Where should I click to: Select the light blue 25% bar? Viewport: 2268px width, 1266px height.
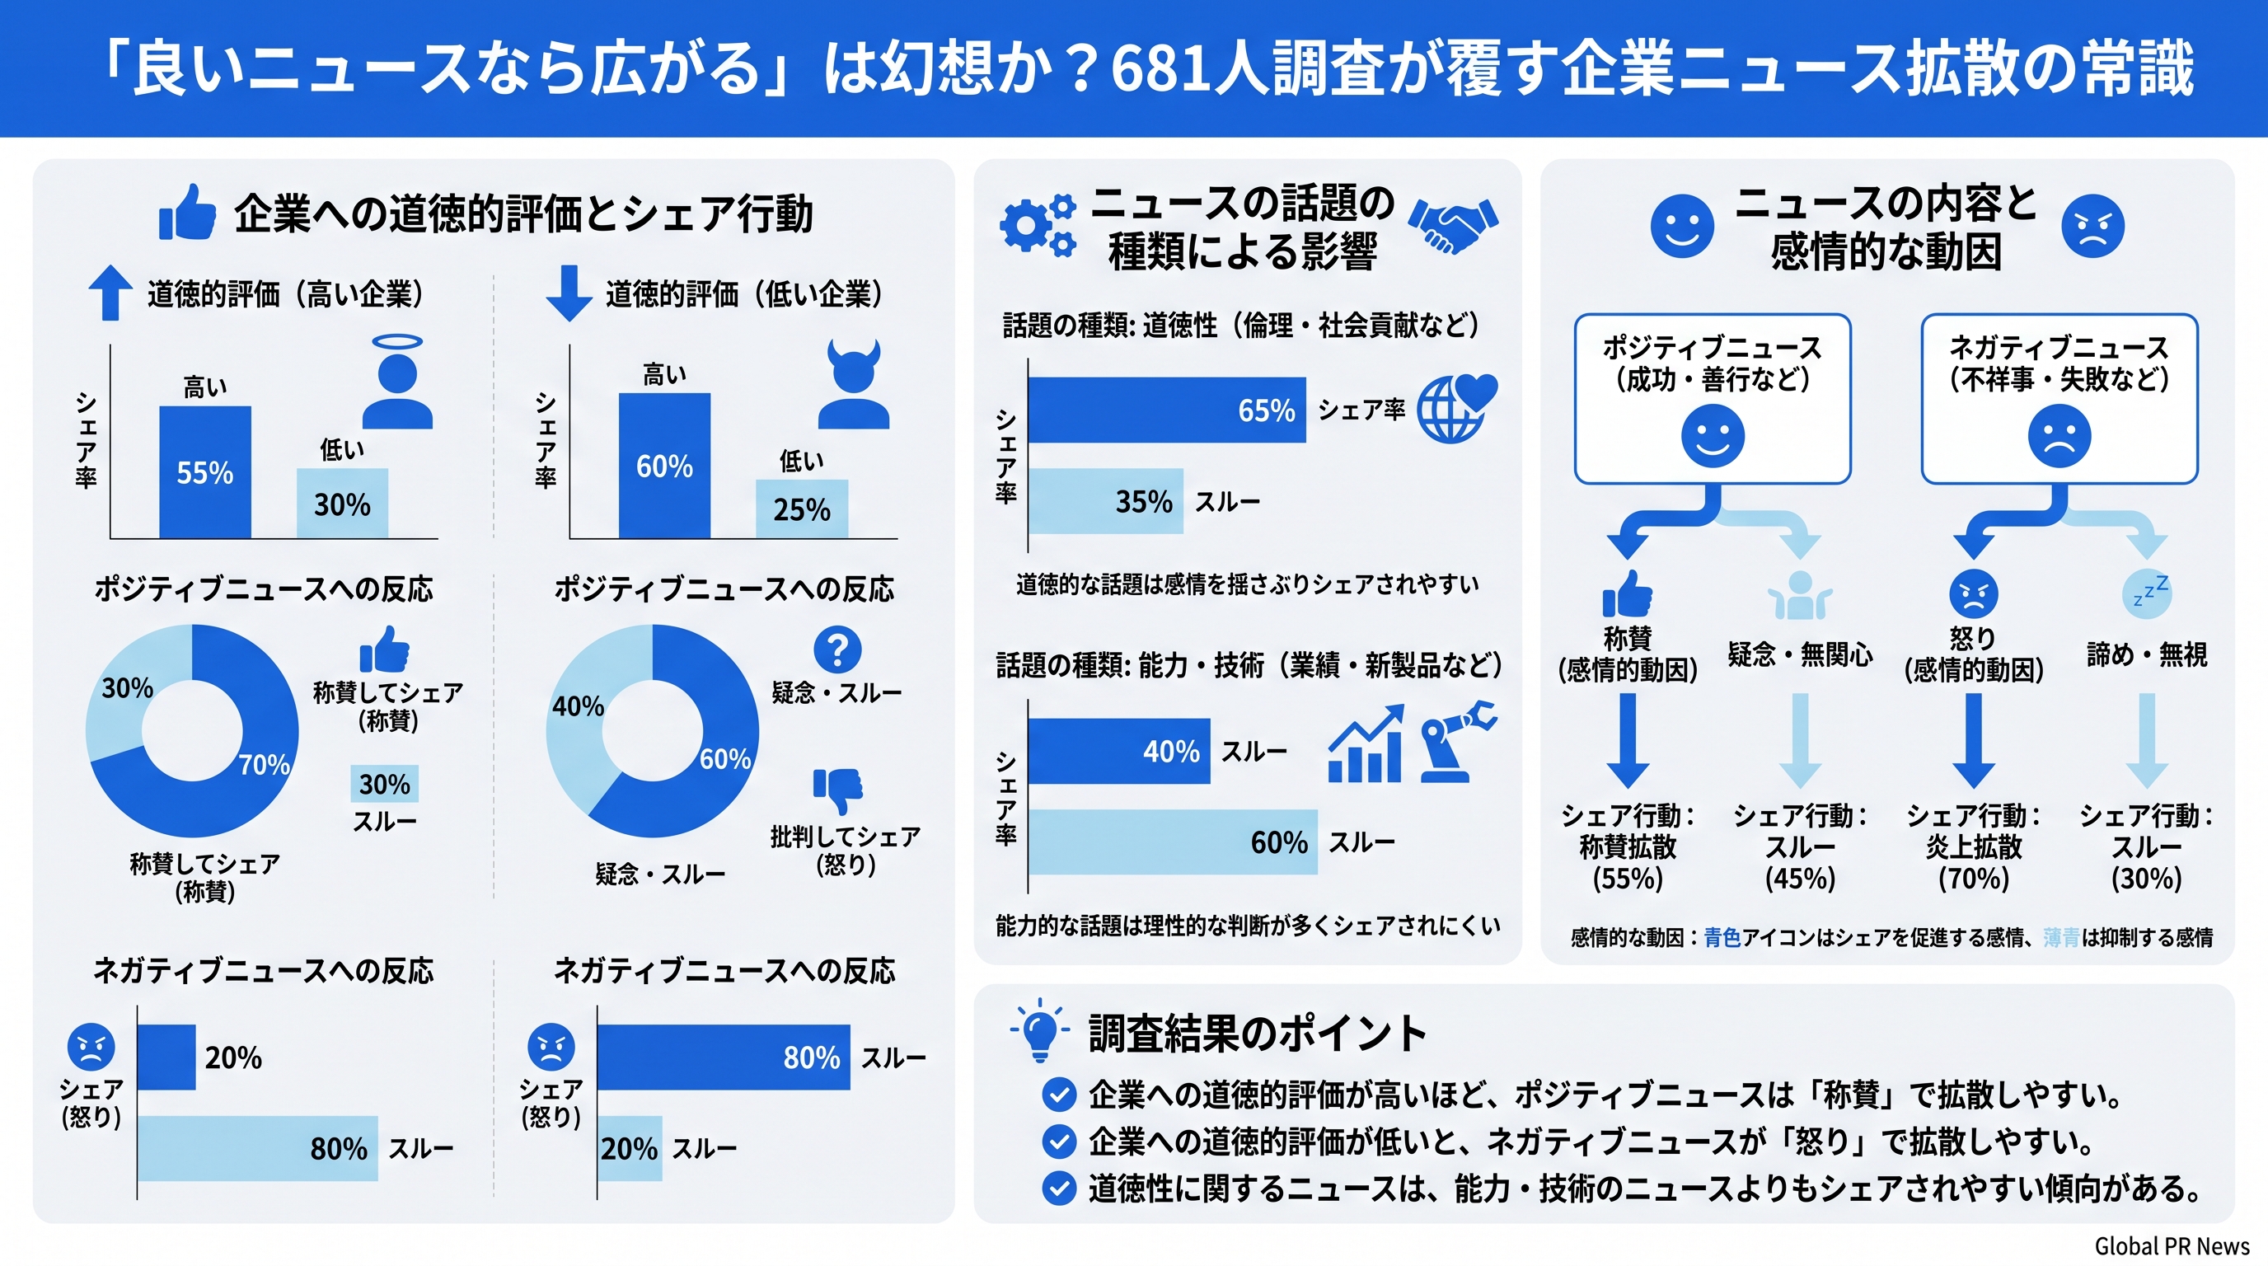801,509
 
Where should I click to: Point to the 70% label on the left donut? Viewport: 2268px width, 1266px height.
264,763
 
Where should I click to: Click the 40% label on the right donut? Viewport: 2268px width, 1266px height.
578,706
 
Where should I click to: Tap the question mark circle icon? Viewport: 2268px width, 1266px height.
837,649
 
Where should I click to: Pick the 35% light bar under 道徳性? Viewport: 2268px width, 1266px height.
1105,501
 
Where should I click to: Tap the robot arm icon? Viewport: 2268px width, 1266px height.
1457,740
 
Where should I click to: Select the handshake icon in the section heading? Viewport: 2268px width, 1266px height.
1452,225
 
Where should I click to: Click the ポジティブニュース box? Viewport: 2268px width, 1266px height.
1712,398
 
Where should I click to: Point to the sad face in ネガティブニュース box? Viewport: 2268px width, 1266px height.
2059,437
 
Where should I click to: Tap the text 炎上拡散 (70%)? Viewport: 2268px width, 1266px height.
1973,862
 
